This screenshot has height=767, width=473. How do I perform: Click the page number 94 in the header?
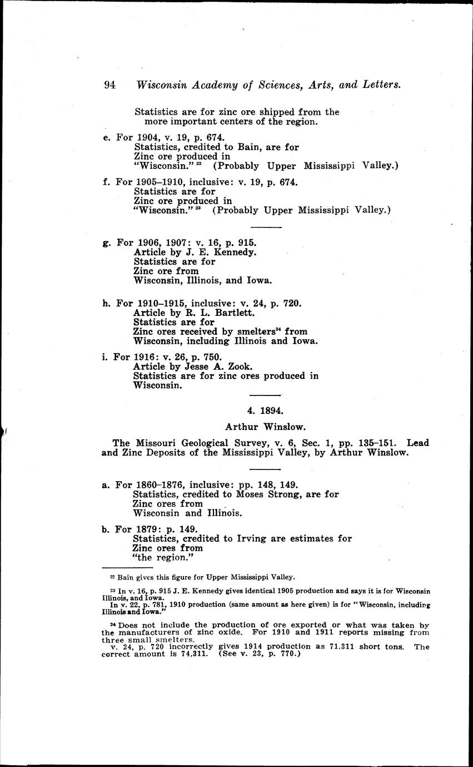[x=109, y=85]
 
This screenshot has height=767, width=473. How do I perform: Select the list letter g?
[x=106, y=243]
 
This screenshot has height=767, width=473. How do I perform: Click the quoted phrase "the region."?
[x=164, y=557]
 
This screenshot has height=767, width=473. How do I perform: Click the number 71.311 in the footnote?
[x=342, y=647]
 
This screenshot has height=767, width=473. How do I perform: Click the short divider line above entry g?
[x=266, y=227]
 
